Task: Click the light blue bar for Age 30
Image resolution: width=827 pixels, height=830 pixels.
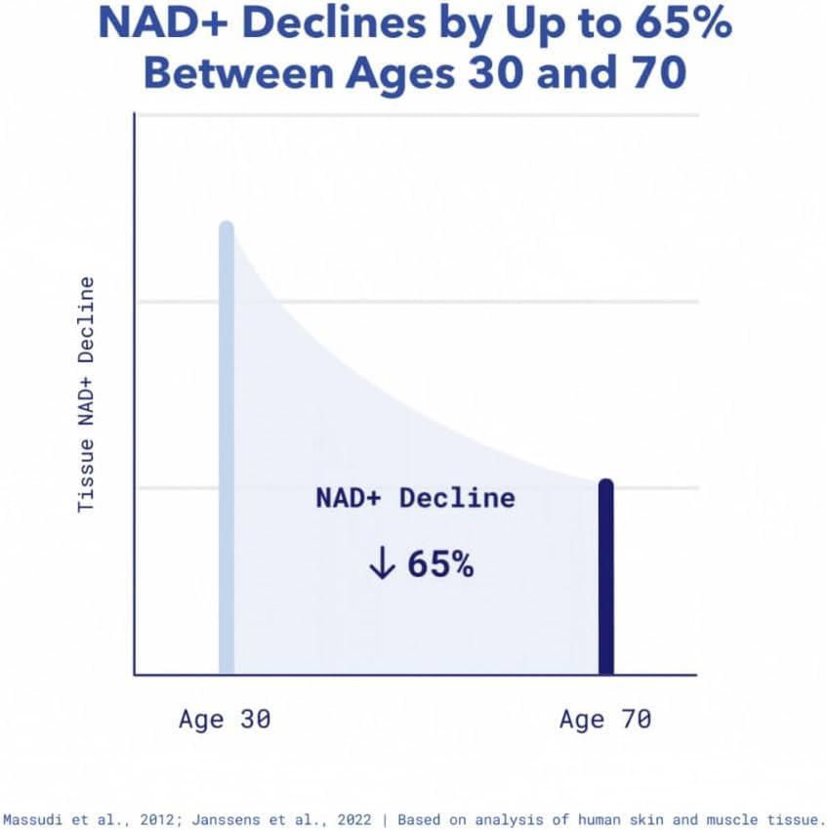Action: click(x=227, y=449)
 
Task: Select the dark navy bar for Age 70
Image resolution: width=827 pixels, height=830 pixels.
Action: click(x=605, y=576)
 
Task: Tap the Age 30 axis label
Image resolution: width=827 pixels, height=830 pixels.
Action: click(x=225, y=720)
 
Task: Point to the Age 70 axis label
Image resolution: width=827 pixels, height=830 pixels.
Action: click(x=605, y=720)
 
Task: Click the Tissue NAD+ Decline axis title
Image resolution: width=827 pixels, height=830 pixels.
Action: click(x=87, y=394)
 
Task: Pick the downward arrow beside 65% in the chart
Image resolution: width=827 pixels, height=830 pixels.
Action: click(x=381, y=564)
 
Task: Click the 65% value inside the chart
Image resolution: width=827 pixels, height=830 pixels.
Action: click(x=440, y=564)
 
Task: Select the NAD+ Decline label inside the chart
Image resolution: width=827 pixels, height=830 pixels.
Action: click(x=415, y=498)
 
